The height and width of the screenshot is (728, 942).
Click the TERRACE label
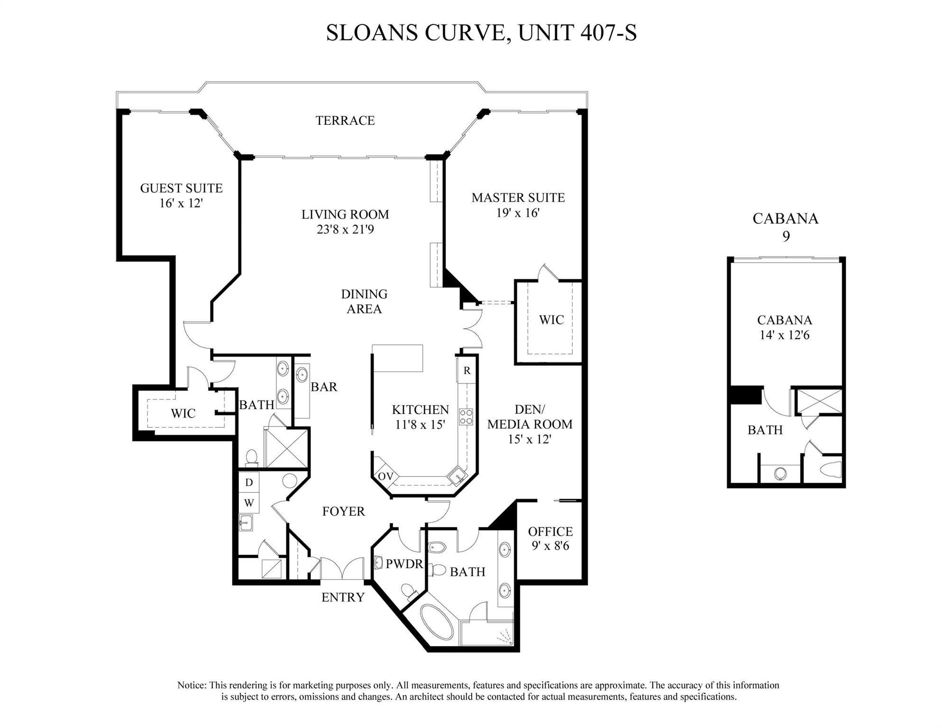[x=345, y=120]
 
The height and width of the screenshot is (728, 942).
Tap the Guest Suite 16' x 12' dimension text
[x=181, y=203]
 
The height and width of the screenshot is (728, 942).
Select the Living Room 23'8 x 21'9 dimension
[x=345, y=230]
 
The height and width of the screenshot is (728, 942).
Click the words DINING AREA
[x=364, y=301]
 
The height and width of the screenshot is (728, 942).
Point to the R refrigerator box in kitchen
[x=466, y=371]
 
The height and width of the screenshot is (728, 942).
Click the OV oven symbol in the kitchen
[x=385, y=476]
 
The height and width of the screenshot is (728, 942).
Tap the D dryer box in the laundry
[x=249, y=482]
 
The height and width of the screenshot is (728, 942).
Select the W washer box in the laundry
[x=249, y=503]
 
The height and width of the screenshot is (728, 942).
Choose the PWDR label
[x=404, y=564]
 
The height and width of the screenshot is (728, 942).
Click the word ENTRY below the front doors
[x=343, y=597]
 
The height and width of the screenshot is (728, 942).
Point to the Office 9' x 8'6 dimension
[x=550, y=546]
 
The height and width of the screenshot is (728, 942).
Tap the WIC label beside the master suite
[x=551, y=320]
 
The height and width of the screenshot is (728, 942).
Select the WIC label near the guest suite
[x=183, y=414]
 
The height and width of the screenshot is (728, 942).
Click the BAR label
[x=324, y=387]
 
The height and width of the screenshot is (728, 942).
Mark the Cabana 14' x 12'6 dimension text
[x=784, y=335]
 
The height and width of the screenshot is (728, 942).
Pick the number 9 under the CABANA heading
[x=786, y=236]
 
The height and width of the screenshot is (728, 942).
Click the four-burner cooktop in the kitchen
[x=466, y=417]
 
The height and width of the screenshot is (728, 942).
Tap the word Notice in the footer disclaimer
[x=191, y=685]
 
